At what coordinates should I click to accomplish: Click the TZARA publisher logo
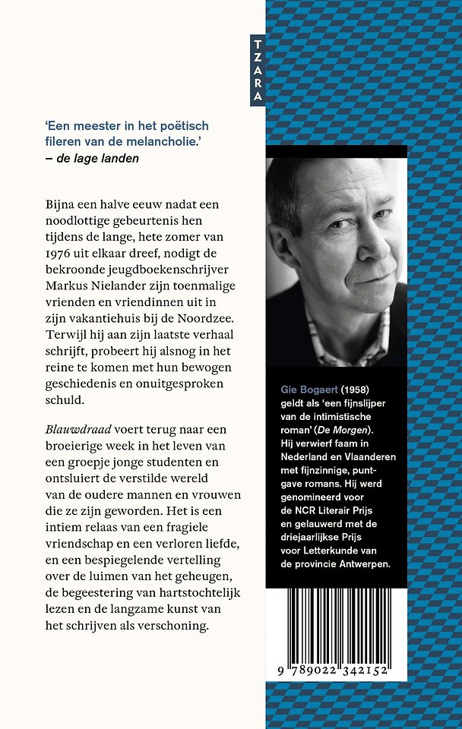pyautogui.click(x=258, y=69)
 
